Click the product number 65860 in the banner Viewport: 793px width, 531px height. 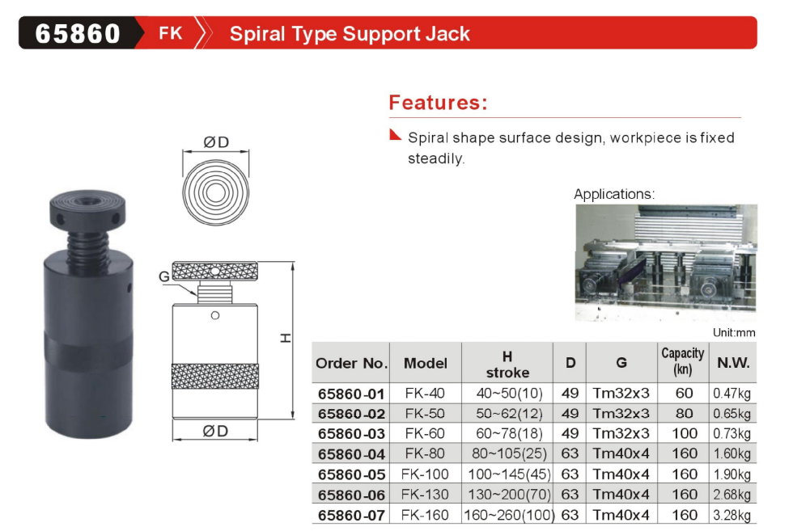[78, 34]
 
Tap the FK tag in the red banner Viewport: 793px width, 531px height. [171, 34]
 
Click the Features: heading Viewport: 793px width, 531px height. [438, 103]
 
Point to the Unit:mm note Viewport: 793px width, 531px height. [733, 332]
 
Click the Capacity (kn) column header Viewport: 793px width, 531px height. [683, 362]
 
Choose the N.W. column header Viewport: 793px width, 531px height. [733, 363]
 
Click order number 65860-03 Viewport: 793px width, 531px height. [351, 434]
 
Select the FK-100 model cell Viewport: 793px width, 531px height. [425, 474]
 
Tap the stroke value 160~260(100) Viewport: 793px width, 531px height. [507, 515]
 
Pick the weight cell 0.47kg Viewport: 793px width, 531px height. [732, 394]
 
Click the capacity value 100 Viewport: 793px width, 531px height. [684, 434]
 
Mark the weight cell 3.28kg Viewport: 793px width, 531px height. [732, 515]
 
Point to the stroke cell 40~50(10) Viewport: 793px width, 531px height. [507, 394]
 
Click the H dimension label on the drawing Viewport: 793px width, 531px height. [286, 339]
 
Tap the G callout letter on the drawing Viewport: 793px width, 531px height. [164, 276]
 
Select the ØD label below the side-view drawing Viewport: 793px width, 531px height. [215, 431]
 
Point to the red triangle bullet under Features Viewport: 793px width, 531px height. [395, 134]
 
